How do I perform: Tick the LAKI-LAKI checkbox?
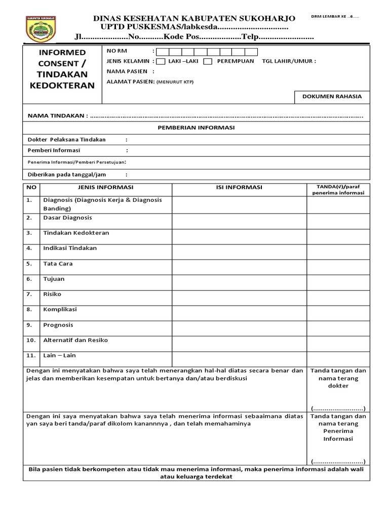point(160,62)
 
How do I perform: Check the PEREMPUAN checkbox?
point(208,62)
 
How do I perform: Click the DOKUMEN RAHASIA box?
point(332,96)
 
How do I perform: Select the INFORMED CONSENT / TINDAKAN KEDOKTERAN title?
point(62,69)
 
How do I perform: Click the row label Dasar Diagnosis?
point(68,218)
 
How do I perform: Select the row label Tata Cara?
point(58,264)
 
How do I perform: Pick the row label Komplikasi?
point(60,309)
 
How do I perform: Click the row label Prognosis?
point(58,325)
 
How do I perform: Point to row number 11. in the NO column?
point(31,355)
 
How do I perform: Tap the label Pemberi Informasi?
point(54,150)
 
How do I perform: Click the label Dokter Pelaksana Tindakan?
point(66,140)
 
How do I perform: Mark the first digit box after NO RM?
point(163,52)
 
